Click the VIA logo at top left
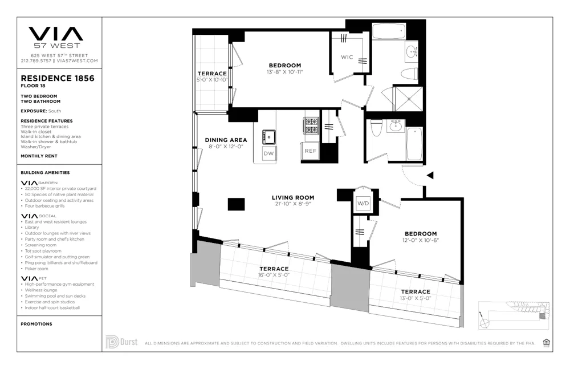56,35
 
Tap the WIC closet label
347,57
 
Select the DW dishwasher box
268,153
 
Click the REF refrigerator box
310,151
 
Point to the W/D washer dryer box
363,204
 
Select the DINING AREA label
226,140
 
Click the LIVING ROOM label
293,198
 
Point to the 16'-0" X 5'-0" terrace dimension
274,275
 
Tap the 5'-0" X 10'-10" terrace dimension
212,80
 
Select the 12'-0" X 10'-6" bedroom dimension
421,241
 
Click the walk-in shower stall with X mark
409,98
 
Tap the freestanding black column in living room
236,204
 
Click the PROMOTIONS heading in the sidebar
36,324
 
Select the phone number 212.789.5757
35,60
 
